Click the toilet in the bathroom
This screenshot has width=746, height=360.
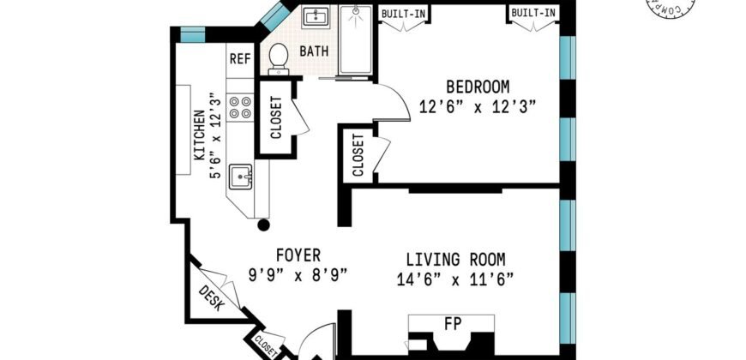277,57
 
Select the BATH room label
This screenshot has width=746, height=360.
313,51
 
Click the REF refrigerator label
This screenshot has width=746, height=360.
238,59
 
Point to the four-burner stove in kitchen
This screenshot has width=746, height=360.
240,107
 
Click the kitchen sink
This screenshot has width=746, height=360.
242,177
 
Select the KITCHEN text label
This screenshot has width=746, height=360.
199,136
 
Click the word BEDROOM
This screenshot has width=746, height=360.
477,87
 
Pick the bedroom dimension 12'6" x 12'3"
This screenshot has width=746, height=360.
477,107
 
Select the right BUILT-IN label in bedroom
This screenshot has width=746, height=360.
532,13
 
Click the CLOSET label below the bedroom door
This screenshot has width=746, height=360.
358,155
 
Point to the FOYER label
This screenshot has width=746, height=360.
298,255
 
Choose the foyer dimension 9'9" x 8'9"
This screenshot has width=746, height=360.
298,276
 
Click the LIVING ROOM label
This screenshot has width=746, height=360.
454,259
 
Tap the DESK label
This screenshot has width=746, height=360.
211,297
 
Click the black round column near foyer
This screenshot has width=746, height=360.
264,225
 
